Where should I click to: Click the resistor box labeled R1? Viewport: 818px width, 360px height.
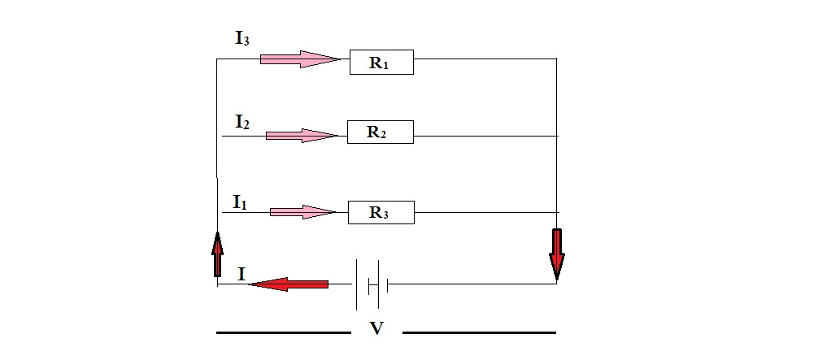pyautogui.click(x=381, y=63)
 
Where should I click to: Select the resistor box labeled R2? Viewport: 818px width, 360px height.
pyautogui.click(x=380, y=132)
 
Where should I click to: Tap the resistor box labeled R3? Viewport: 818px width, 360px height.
pyautogui.click(x=381, y=213)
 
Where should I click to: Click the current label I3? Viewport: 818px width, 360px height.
pyautogui.click(x=241, y=39)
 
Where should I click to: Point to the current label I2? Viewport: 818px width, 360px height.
pyautogui.click(x=241, y=122)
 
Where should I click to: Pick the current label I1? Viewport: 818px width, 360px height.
pyautogui.click(x=239, y=202)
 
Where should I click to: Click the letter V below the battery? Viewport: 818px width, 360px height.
pyautogui.click(x=376, y=329)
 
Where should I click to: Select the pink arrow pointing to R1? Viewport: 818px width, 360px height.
pyautogui.click(x=298, y=59)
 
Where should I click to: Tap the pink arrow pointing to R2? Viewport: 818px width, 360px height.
pyautogui.click(x=300, y=135)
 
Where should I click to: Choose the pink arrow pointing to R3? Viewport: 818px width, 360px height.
pyautogui.click(x=302, y=212)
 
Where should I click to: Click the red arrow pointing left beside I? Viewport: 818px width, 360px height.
pyautogui.click(x=289, y=284)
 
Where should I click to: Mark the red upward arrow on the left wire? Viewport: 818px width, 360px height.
pyautogui.click(x=217, y=254)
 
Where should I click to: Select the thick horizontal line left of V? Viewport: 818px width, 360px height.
pyautogui.click(x=283, y=332)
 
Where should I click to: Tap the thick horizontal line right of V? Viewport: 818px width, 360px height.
pyautogui.click(x=479, y=332)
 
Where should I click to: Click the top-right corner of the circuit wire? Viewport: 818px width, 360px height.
pyautogui.click(x=556, y=59)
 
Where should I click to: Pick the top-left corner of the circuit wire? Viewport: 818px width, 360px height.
pyautogui.click(x=217, y=59)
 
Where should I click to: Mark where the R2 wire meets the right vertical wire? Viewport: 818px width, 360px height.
pyautogui.click(x=556, y=135)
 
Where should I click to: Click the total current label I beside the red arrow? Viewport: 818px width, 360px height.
pyautogui.click(x=241, y=275)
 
